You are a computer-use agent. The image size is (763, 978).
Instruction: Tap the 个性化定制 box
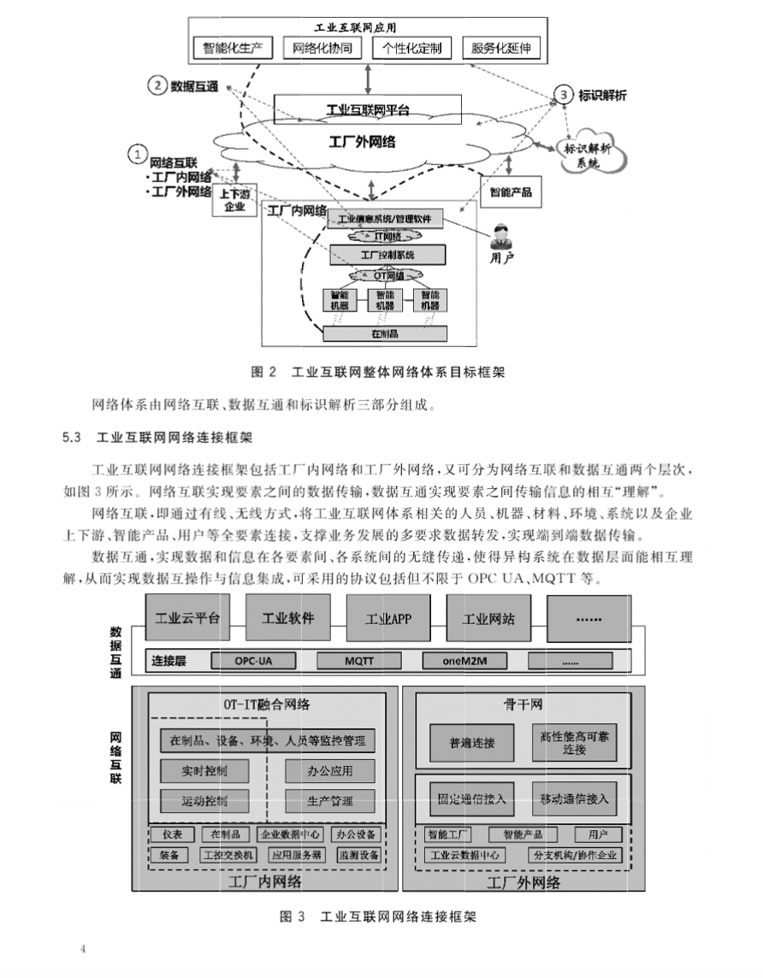[412, 48]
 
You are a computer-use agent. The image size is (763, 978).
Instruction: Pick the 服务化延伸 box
[501, 48]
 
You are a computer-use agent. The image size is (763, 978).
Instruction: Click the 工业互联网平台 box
[368, 109]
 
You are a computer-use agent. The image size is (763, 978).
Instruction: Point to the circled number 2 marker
[157, 85]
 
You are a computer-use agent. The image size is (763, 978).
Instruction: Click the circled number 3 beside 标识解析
[564, 95]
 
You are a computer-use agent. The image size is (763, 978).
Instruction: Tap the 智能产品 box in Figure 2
[511, 192]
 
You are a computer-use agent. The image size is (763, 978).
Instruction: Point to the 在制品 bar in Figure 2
[384, 333]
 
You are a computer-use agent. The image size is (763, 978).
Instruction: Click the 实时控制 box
[204, 770]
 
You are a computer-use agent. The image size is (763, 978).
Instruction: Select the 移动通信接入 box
[574, 799]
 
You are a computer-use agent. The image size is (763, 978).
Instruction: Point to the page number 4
[83, 950]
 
